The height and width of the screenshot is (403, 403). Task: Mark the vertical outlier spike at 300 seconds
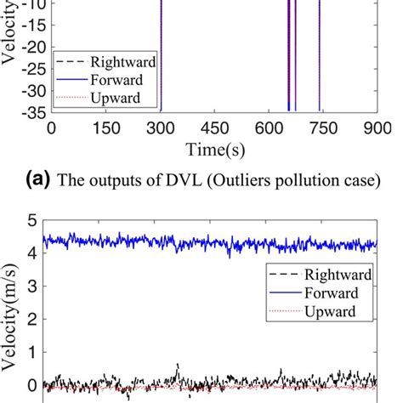pyautogui.click(x=161, y=51)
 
